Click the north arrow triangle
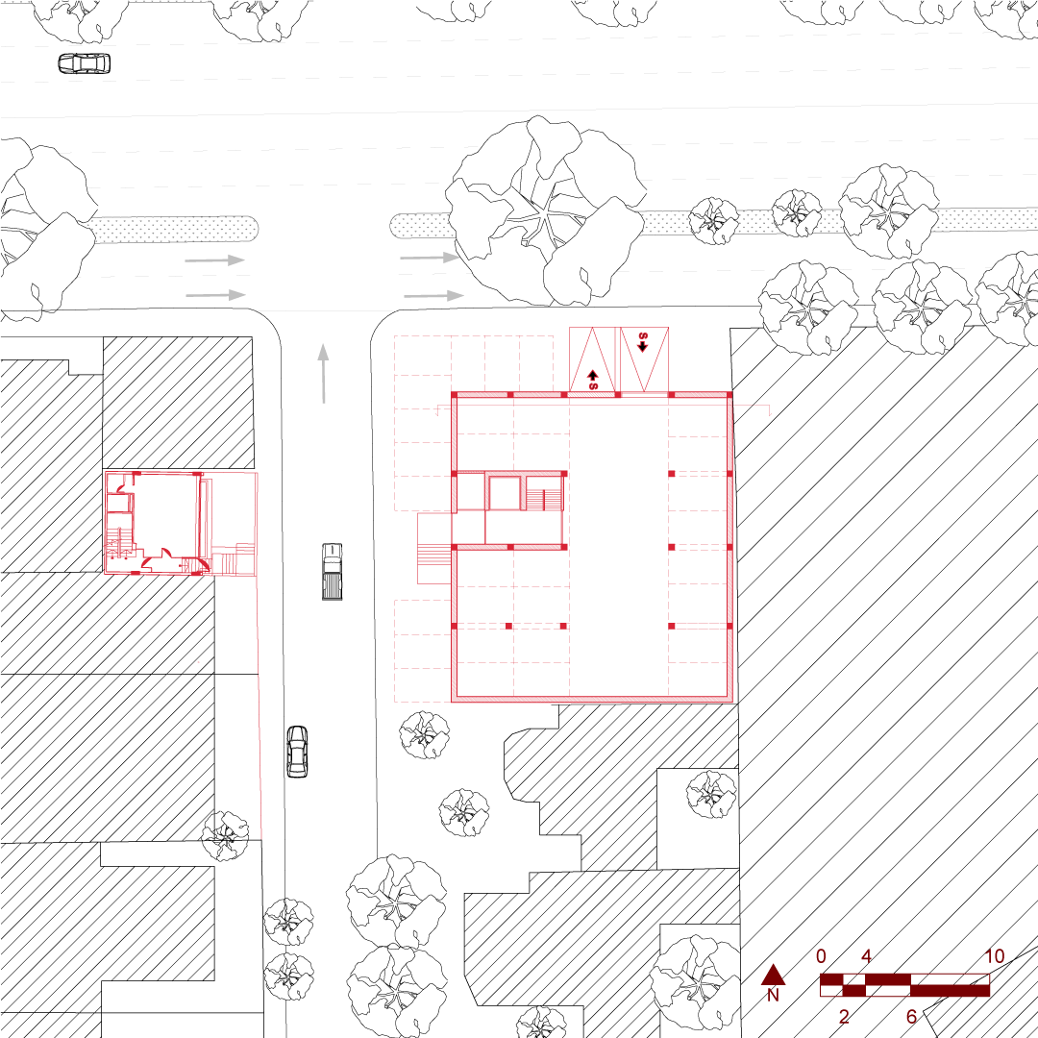773,975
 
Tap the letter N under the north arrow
773,996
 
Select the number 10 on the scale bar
994,956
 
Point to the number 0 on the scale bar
821,956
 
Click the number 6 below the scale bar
911,1017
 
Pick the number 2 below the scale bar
844,1017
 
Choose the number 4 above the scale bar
866,956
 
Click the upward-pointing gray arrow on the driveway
324,372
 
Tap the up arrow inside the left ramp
593,377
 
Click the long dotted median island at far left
173,229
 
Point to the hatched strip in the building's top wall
594,395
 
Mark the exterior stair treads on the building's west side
434,555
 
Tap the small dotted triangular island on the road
828,222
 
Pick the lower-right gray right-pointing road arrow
433,295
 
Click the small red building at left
180,523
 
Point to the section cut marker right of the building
769,410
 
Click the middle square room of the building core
505,493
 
